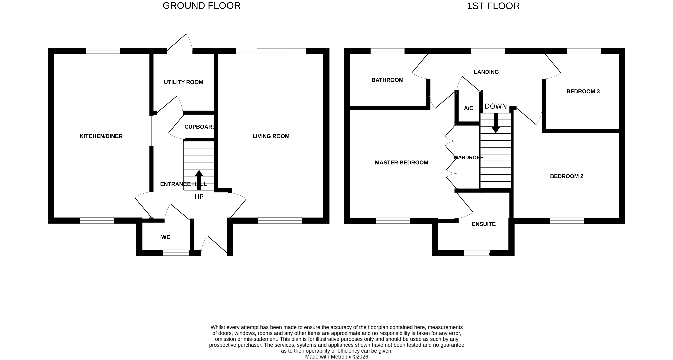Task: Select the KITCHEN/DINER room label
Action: pyautogui.click(x=101, y=136)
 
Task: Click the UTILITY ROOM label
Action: pyautogui.click(x=183, y=82)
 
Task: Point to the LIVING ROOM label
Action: pyautogui.click(x=271, y=136)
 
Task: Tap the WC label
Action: pyautogui.click(x=166, y=237)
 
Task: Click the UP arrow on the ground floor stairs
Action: pyautogui.click(x=199, y=180)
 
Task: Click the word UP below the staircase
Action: pyautogui.click(x=199, y=197)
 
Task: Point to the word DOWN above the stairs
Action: pyautogui.click(x=496, y=106)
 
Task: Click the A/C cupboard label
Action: pyautogui.click(x=468, y=108)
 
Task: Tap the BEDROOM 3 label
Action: pyautogui.click(x=583, y=91)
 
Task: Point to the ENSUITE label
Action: pyautogui.click(x=484, y=224)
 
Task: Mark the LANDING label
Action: pyautogui.click(x=486, y=72)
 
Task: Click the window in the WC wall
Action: pyautogui.click(x=176, y=253)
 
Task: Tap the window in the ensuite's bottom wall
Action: pyautogui.click(x=477, y=253)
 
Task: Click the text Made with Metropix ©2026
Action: pyautogui.click(x=336, y=357)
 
